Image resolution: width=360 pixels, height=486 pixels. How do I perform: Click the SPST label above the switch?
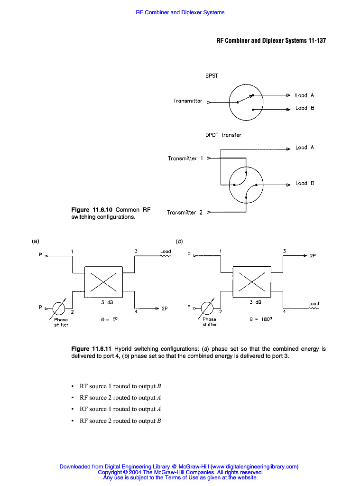click(x=212, y=75)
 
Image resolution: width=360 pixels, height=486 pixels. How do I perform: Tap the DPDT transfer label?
click(x=223, y=135)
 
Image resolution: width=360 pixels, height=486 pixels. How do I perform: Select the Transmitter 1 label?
click(x=185, y=159)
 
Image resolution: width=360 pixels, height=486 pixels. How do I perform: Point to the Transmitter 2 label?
click(x=185, y=213)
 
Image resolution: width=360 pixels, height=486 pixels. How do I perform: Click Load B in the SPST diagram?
click(x=305, y=108)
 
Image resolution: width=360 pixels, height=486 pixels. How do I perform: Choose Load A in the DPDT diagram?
click(x=305, y=148)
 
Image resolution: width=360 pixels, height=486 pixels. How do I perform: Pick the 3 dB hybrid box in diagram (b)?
click(x=252, y=282)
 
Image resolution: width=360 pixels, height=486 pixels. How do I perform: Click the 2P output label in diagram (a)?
click(x=165, y=308)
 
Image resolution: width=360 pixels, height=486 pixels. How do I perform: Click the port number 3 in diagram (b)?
click(x=284, y=251)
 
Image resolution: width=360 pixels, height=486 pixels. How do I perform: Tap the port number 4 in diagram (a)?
click(x=136, y=312)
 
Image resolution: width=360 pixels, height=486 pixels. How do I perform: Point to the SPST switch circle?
click(x=246, y=102)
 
